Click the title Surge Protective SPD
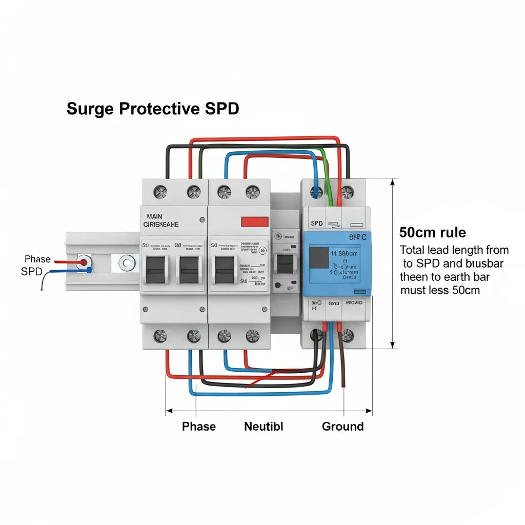153,109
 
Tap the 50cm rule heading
433,232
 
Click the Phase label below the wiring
199,426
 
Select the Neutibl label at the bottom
264,426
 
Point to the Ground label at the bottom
342,426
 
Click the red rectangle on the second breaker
255,221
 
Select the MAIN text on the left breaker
154,217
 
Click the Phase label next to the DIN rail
37,259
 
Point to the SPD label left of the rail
31,272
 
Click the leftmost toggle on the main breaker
156,269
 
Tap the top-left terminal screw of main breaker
160,192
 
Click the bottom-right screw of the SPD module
347,336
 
